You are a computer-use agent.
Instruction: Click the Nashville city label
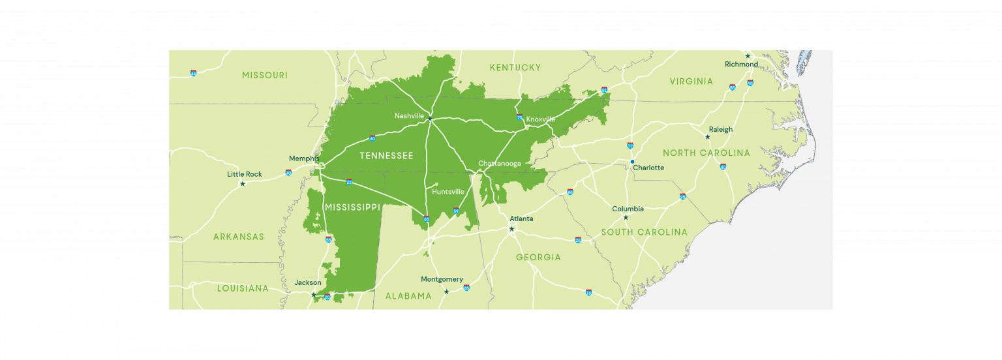pyautogui.click(x=410, y=116)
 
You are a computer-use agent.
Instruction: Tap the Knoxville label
pyautogui.click(x=541, y=119)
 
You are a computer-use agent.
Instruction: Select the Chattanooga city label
pyautogui.click(x=500, y=163)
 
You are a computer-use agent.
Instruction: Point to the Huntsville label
pyautogui.click(x=448, y=192)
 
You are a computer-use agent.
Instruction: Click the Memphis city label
pyautogui.click(x=304, y=158)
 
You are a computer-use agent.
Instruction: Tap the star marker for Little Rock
pyautogui.click(x=243, y=184)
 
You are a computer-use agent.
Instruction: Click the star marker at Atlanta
pyautogui.click(x=511, y=229)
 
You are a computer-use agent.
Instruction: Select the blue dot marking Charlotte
pyautogui.click(x=632, y=161)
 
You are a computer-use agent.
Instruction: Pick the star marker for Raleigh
pyautogui.click(x=708, y=137)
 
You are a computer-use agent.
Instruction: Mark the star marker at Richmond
pyautogui.click(x=748, y=56)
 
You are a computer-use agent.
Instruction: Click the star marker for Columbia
pyautogui.click(x=626, y=217)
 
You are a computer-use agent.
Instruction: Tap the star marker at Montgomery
pyautogui.click(x=446, y=292)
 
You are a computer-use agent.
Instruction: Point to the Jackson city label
pyautogui.click(x=308, y=282)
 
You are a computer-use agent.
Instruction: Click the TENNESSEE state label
pyautogui.click(x=387, y=156)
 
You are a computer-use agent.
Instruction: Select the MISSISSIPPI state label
pyautogui.click(x=352, y=207)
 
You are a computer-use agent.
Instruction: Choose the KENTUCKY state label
pyautogui.click(x=515, y=67)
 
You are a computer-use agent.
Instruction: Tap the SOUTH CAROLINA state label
pyautogui.click(x=644, y=232)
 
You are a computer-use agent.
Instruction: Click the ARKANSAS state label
pyautogui.click(x=239, y=236)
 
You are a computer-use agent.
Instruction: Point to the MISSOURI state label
pyautogui.click(x=265, y=75)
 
